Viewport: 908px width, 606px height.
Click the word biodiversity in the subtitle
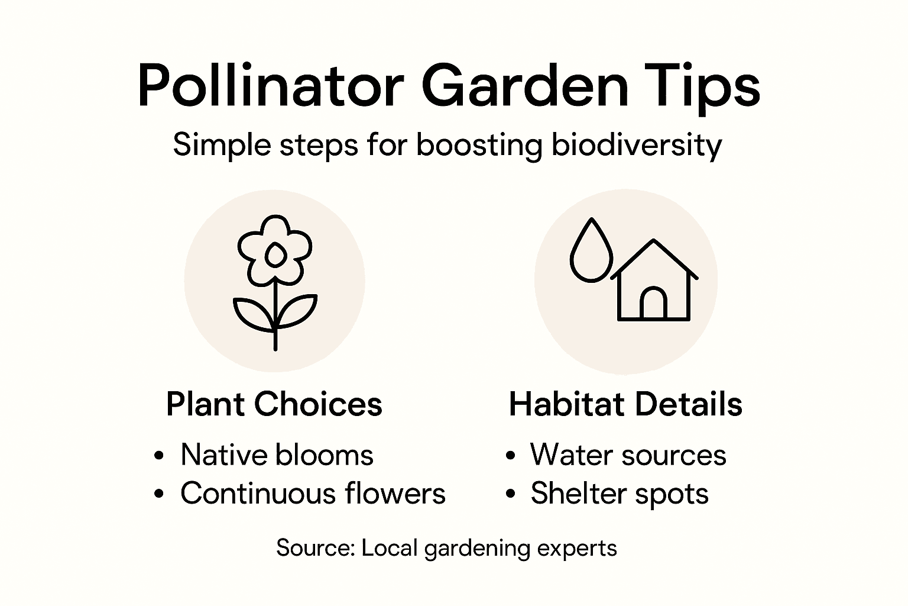[637, 145]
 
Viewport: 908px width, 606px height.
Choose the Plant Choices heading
[274, 405]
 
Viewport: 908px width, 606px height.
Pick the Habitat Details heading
[625, 405]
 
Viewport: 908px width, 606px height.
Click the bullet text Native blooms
[277, 455]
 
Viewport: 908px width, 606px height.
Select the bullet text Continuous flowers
[313, 494]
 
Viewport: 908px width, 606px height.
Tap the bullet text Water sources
[628, 455]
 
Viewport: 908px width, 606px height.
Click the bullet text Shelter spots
[619, 494]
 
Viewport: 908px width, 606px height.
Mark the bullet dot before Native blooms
[158, 456]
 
